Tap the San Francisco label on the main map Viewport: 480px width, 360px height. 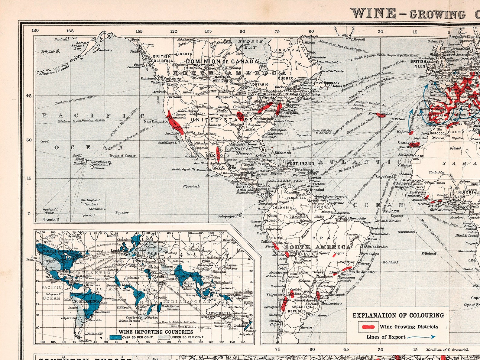point(156,121)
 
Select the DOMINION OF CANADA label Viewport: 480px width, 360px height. point(222,61)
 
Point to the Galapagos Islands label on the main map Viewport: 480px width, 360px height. point(230,216)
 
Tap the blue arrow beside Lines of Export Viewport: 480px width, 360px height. point(421,337)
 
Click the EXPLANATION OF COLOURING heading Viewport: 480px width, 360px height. point(398,315)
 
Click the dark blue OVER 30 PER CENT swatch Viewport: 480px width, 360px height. point(115,337)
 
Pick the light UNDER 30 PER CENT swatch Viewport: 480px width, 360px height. point(164,337)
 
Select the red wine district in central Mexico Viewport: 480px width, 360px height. point(218,152)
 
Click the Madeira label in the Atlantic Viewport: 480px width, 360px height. point(403,132)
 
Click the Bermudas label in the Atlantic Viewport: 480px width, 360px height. point(303,135)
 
